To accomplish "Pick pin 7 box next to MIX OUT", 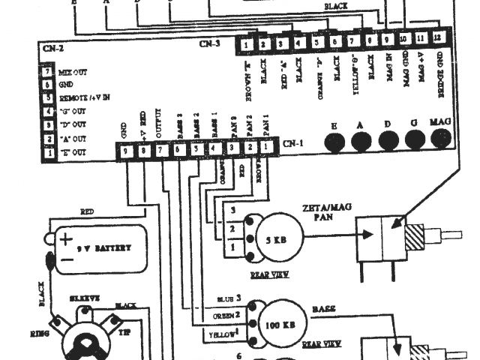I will [x=47, y=72].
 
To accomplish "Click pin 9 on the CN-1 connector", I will [x=127, y=151].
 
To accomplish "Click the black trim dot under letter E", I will [x=334, y=139].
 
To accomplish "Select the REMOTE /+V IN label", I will [x=84, y=98].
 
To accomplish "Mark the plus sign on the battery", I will [x=67, y=240].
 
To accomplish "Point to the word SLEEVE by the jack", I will [x=84, y=298].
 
